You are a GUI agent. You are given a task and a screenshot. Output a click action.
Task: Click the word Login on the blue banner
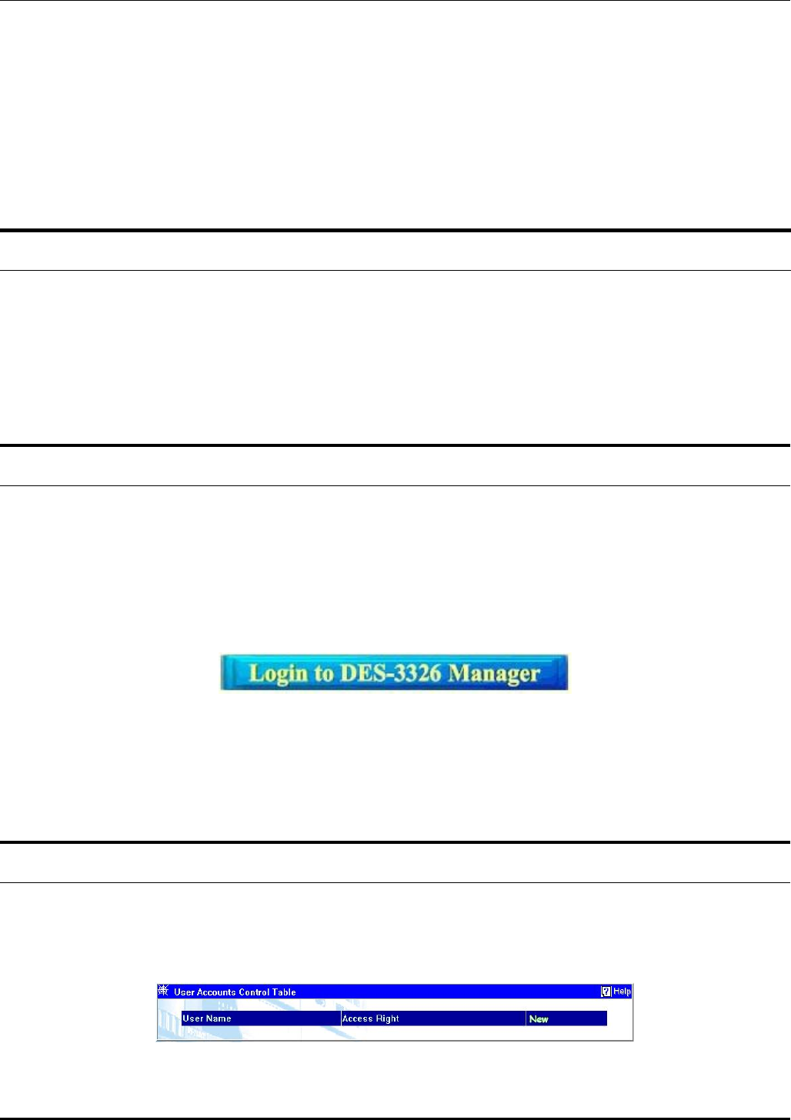click(x=279, y=674)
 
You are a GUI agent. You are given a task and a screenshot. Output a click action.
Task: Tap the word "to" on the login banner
click(x=324, y=674)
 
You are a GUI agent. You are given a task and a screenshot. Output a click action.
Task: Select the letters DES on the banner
click(x=363, y=674)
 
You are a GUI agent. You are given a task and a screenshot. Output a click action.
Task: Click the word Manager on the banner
click(x=494, y=674)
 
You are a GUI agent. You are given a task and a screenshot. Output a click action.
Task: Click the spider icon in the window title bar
click(x=163, y=992)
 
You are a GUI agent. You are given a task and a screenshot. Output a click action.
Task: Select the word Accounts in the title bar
click(x=215, y=992)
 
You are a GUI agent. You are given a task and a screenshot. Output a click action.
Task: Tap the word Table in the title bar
click(x=284, y=992)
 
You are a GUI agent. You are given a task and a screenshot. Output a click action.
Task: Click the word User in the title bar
click(x=183, y=992)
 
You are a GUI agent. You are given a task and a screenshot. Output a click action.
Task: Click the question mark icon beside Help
click(x=606, y=992)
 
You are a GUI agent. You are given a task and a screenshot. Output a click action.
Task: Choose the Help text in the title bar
click(x=622, y=992)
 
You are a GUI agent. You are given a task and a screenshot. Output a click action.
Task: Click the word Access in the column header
click(x=357, y=1018)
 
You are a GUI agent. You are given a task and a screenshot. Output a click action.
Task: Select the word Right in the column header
click(x=387, y=1018)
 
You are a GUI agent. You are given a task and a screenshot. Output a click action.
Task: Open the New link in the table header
click(x=539, y=1019)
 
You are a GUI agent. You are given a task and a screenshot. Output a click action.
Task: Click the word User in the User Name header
click(x=192, y=1018)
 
